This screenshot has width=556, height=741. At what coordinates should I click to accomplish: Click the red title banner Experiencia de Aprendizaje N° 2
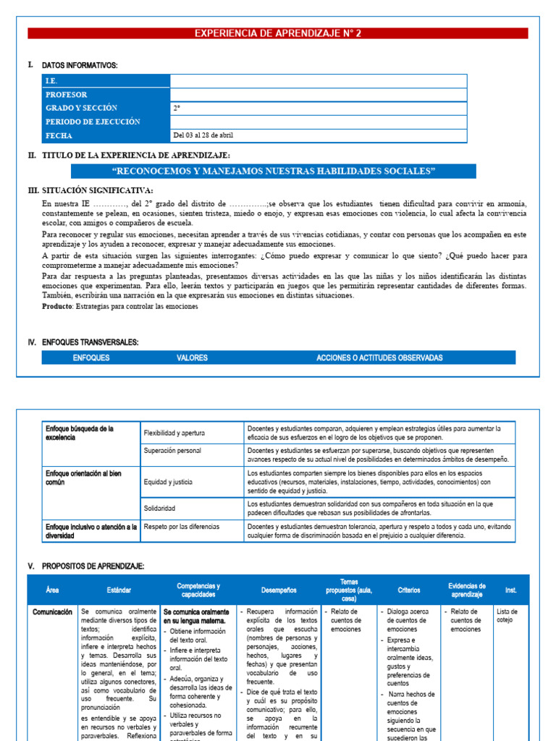tap(277, 33)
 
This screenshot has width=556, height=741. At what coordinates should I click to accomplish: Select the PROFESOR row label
tap(67, 95)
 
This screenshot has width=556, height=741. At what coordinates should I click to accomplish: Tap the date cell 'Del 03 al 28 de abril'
tap(203, 135)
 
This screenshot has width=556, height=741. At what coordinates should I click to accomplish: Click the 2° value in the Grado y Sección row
tap(177, 109)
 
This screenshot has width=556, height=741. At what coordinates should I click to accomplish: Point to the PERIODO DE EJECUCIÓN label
tap(93, 122)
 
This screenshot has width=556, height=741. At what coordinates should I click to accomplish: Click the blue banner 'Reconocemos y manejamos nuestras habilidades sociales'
tap(274, 172)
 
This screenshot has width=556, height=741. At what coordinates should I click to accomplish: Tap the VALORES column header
tap(192, 357)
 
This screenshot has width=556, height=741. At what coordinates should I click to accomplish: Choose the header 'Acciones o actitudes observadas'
tap(379, 357)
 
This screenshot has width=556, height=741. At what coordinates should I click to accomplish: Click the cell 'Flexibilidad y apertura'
tap(174, 433)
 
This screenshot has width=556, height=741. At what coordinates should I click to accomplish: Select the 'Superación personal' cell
tap(172, 451)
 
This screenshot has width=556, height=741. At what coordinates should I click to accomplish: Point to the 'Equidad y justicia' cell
tap(168, 481)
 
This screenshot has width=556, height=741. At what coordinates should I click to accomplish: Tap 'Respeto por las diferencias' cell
tap(182, 527)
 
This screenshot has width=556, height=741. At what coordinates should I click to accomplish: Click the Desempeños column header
tap(279, 590)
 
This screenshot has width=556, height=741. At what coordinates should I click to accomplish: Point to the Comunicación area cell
tap(53, 612)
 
